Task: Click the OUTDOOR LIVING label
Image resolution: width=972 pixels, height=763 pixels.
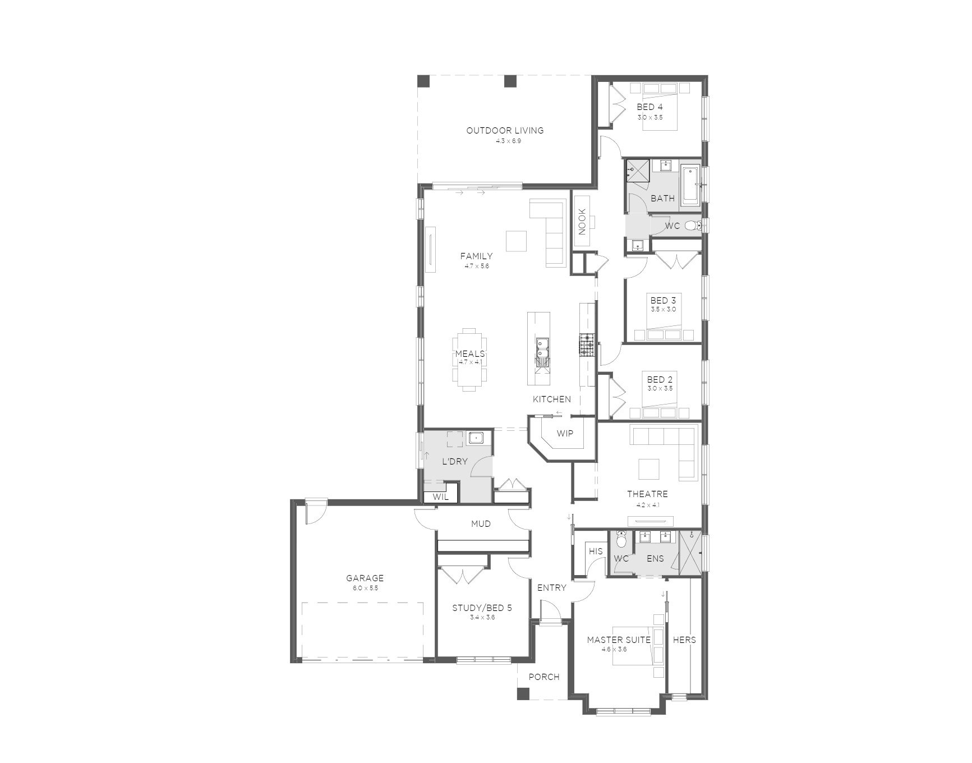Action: pos(505,131)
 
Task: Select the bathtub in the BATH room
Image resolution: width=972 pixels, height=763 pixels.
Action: pos(690,186)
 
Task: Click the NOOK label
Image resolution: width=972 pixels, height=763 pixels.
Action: pos(582,222)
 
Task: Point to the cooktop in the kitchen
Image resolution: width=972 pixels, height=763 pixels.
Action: pos(587,344)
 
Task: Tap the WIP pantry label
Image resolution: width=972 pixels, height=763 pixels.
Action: pos(565,433)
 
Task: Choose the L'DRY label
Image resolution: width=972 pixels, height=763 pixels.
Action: pos(455,462)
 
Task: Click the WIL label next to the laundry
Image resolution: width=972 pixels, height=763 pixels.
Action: pos(440,497)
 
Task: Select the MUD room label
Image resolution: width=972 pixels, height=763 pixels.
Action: pos(481,523)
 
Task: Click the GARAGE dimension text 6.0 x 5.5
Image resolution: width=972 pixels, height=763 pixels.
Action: pos(365,588)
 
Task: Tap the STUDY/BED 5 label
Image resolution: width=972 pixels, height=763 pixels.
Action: pos(482,608)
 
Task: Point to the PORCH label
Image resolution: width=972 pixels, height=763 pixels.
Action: pos(544,677)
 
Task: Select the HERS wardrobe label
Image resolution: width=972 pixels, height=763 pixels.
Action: pos(684,640)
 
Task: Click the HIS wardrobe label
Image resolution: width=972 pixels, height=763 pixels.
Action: pos(596,551)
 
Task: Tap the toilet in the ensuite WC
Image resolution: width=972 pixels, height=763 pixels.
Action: pos(621,541)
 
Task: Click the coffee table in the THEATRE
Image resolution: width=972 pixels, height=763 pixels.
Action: pos(649,469)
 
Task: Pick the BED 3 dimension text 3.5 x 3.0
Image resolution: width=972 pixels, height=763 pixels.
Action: pos(663,309)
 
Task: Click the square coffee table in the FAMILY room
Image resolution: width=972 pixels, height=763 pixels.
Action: pos(516,241)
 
